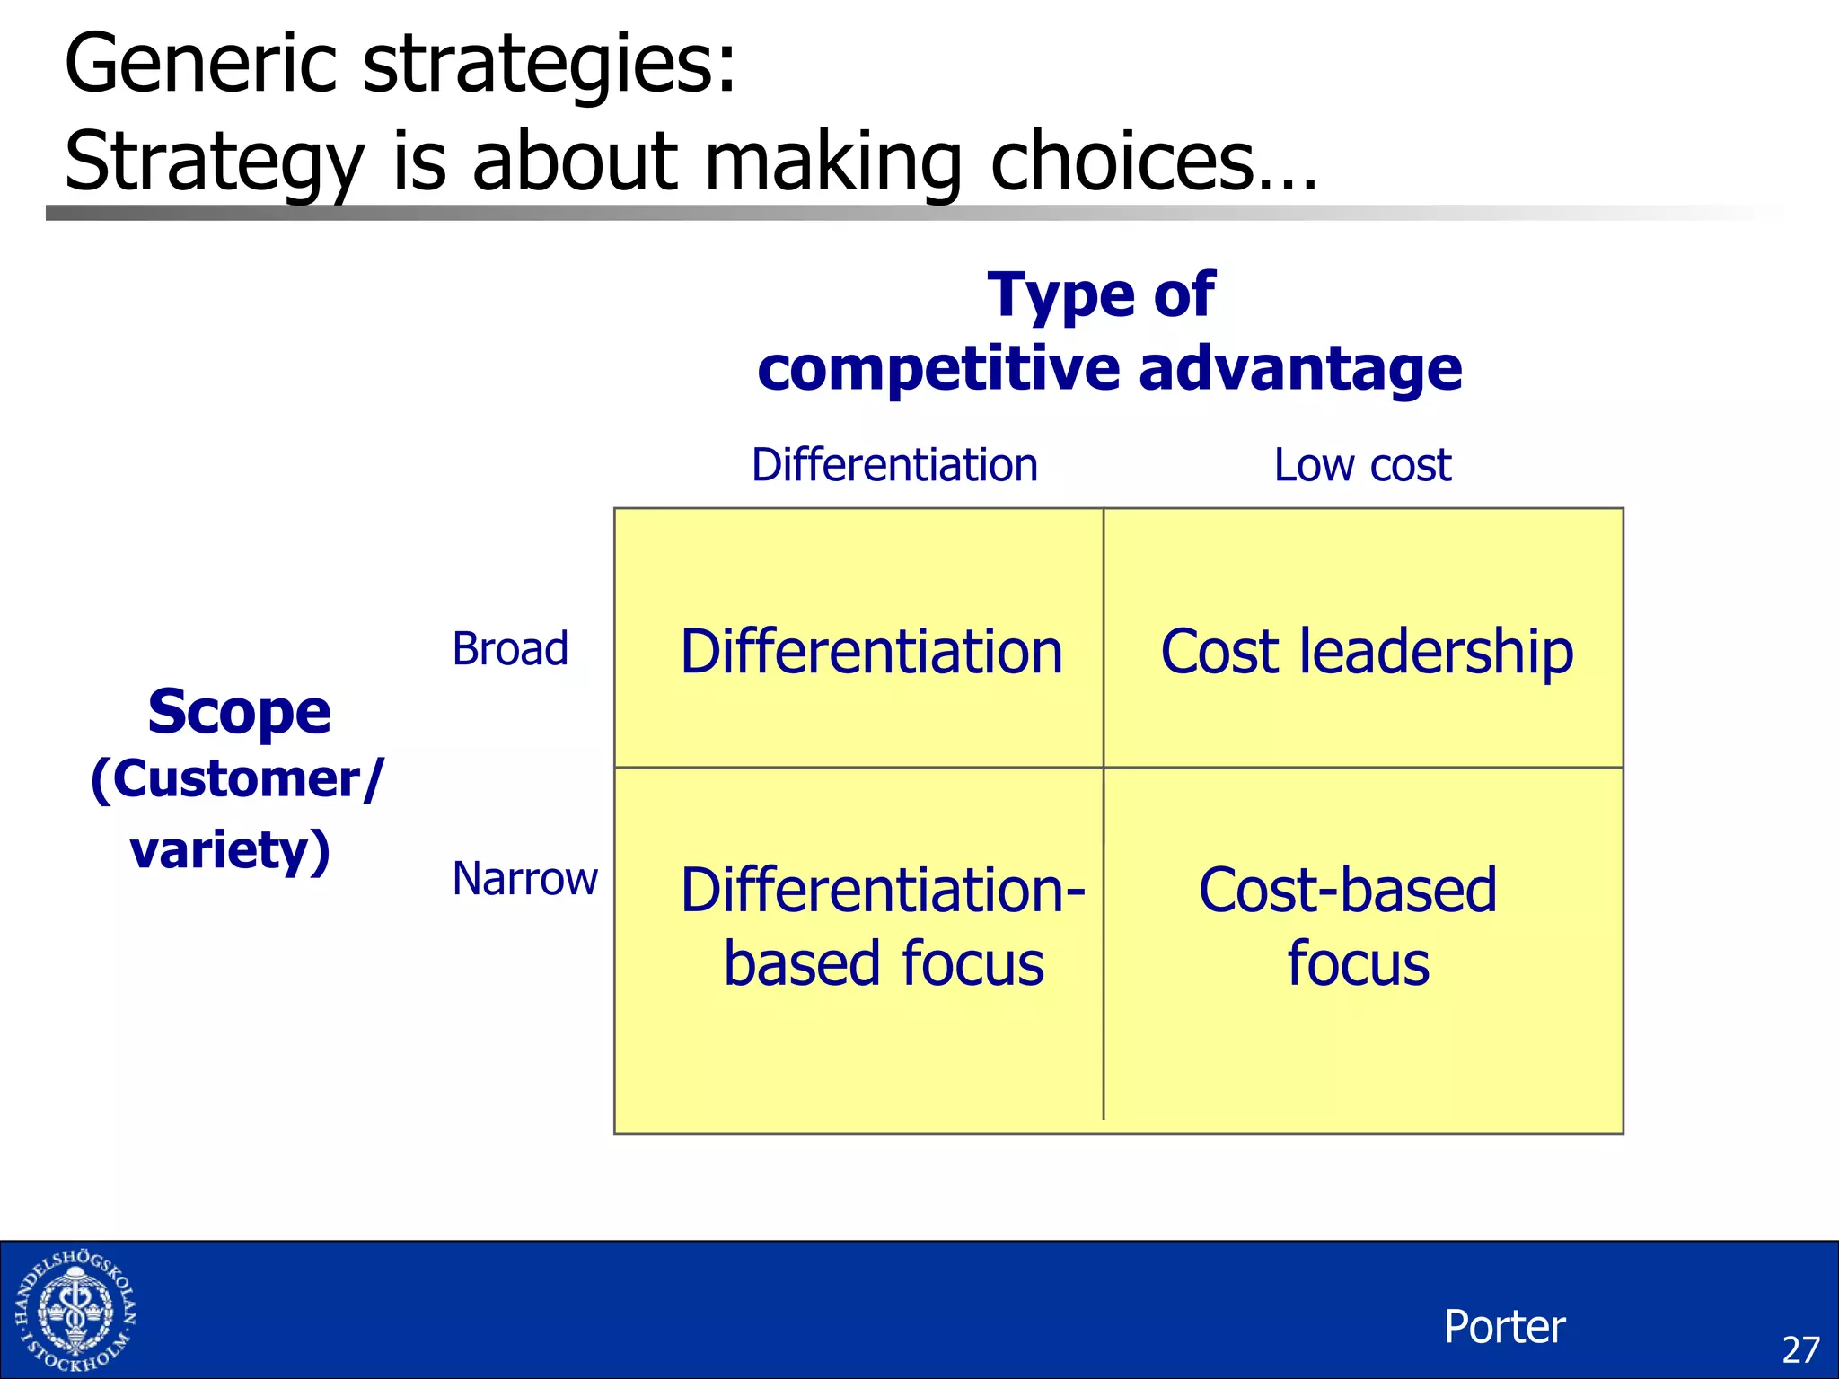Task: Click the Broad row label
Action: point(510,648)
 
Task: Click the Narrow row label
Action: point(524,878)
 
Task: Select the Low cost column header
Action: point(1362,465)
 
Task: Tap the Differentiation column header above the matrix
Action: point(894,465)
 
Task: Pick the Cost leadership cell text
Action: point(1366,651)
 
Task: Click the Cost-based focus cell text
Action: point(1349,927)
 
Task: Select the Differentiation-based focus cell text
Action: point(883,927)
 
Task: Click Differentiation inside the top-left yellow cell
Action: point(871,651)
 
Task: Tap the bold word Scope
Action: point(239,712)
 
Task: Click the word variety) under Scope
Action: point(230,849)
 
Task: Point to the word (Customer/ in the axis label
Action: point(237,779)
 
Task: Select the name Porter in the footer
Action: point(1504,1326)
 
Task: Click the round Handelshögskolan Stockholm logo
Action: point(75,1312)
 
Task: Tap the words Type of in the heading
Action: point(1101,294)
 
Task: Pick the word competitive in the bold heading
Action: point(939,369)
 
